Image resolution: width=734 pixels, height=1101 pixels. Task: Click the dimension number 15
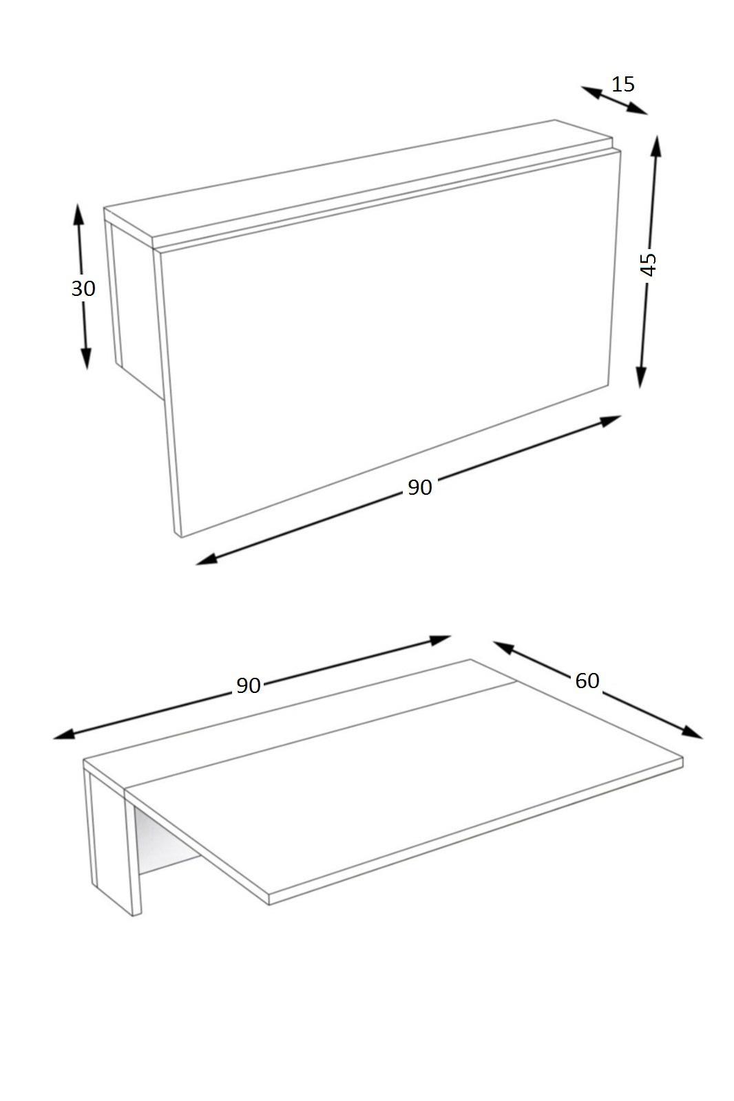[623, 85]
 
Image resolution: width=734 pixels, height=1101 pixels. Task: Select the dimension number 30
[83, 288]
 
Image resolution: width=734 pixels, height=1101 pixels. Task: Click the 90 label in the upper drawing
[419, 487]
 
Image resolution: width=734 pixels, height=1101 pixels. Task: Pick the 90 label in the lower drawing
[248, 685]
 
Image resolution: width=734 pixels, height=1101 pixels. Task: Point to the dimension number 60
[587, 681]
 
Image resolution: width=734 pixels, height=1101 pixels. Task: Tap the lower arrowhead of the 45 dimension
[640, 377]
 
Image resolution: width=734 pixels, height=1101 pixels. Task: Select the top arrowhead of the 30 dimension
[78, 214]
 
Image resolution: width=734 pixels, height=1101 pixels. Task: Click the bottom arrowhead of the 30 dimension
[86, 358]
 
